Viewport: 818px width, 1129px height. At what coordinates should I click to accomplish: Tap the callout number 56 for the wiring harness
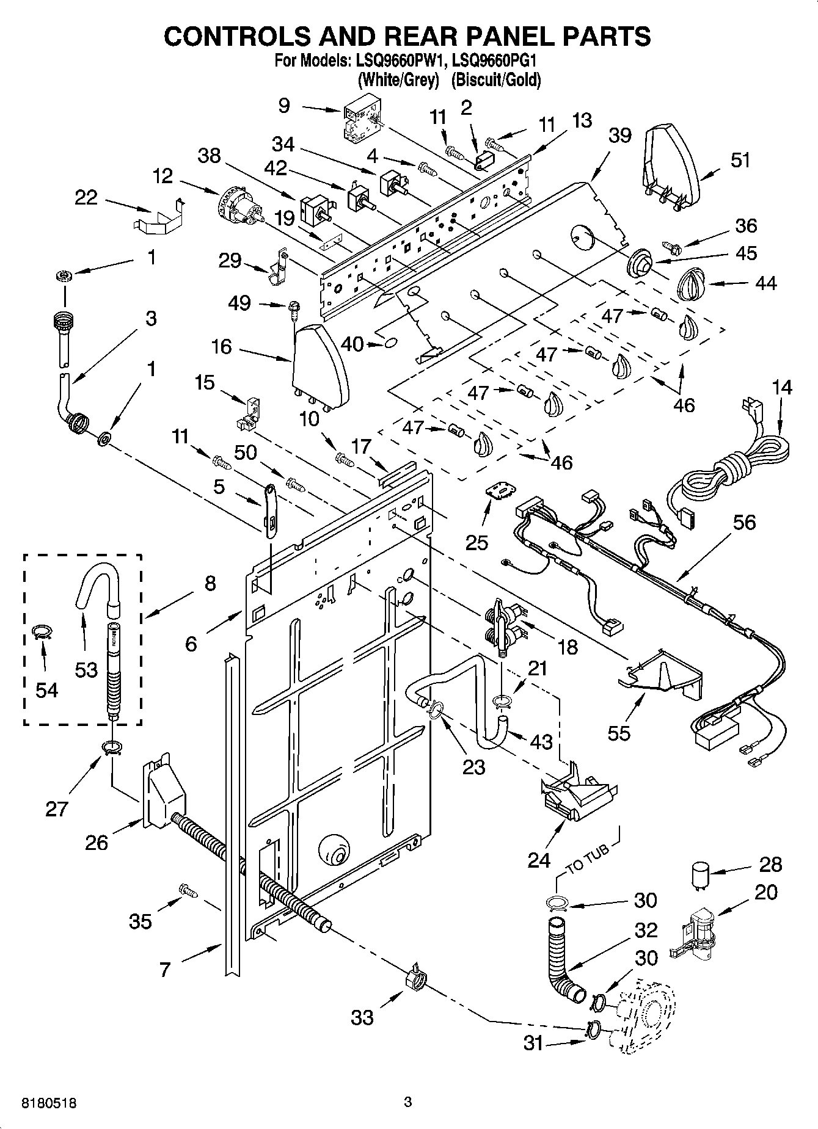click(x=743, y=523)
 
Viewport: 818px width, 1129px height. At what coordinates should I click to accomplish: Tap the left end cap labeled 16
click(x=319, y=366)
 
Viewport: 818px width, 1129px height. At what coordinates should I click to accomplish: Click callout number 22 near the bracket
click(x=86, y=197)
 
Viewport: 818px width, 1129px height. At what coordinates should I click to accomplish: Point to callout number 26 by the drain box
click(x=97, y=843)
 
